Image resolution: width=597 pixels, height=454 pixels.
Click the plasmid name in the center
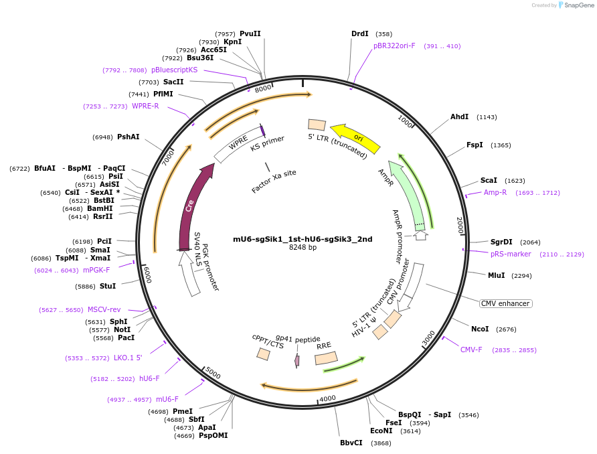pos(303,238)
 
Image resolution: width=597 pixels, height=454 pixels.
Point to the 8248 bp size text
pos(303,248)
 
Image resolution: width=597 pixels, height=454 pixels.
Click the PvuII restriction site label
pos(250,33)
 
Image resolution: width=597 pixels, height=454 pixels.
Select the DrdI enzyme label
pos(360,33)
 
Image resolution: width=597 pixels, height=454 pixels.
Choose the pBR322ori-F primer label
pos(394,46)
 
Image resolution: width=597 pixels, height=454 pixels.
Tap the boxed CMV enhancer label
pos(505,303)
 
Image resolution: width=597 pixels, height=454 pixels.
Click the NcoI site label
pos(480,329)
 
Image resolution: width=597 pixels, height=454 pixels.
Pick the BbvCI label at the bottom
pos(351,443)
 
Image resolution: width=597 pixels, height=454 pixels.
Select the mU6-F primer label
pos(167,399)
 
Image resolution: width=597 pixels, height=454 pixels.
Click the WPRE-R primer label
pos(145,106)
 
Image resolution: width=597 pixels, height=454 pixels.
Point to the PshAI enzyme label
pos(129,137)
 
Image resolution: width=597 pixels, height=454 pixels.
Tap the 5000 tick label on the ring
pos(214,372)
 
